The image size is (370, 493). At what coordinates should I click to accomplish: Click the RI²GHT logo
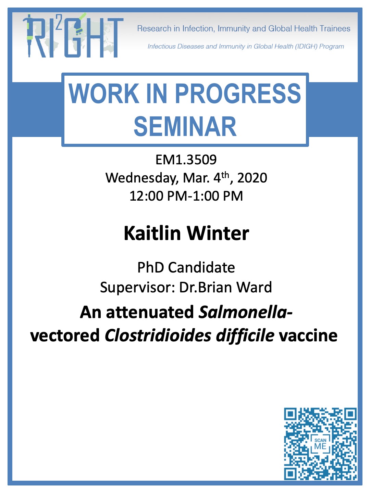73,36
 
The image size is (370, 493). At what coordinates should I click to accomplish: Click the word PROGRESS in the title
238,93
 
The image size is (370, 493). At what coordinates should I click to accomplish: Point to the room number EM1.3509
186,160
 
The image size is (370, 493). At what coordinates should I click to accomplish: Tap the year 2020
252,178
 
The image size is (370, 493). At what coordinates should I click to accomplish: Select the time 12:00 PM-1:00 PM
186,196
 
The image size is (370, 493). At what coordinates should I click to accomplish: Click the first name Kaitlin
152,233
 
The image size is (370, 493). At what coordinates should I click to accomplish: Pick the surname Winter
218,233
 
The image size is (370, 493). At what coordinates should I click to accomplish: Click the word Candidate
201,267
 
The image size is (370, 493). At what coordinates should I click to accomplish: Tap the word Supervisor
136,288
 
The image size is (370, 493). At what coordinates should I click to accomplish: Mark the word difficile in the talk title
245,336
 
